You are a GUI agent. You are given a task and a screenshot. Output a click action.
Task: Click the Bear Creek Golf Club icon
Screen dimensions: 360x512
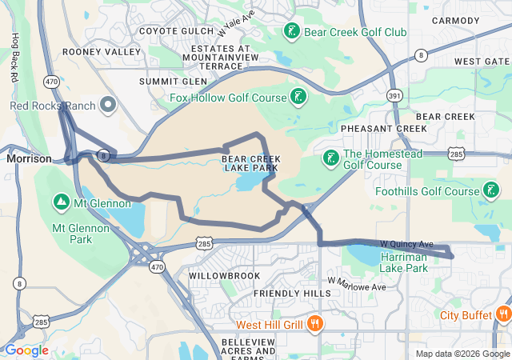click(x=291, y=32)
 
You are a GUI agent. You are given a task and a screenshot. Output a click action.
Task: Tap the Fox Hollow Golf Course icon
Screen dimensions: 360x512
click(x=298, y=98)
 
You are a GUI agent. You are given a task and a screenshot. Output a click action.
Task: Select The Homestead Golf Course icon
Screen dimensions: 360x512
click(x=331, y=158)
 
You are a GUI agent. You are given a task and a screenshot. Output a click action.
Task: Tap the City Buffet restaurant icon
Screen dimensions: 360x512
click(x=503, y=314)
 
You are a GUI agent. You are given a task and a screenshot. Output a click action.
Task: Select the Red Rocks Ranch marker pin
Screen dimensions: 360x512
click(x=107, y=105)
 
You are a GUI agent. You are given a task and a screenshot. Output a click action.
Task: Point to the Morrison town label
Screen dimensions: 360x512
click(x=29, y=158)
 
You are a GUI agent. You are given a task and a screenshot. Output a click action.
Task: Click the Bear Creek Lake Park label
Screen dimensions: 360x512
click(x=250, y=163)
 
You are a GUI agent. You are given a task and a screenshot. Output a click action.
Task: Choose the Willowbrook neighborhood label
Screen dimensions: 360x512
click(x=224, y=275)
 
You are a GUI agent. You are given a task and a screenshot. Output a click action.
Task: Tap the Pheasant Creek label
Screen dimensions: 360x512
click(x=384, y=128)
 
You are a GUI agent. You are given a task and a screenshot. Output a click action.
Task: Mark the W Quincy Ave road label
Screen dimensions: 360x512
click(x=406, y=243)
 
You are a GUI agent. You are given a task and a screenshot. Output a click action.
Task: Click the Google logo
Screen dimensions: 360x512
click(x=26, y=350)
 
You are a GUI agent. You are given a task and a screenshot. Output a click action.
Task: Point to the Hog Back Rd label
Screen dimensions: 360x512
click(x=14, y=59)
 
